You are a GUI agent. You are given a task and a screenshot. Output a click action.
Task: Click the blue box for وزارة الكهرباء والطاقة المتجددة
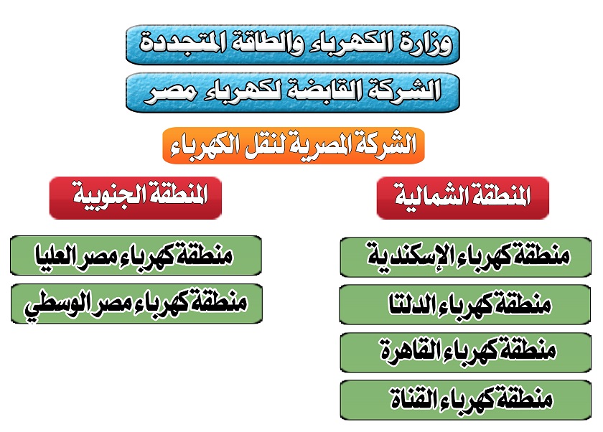pos(293,45)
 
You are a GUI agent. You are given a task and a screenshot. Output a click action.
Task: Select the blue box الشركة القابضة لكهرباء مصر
pos(293,93)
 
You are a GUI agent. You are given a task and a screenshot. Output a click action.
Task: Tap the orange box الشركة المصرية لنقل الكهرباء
pos(294,146)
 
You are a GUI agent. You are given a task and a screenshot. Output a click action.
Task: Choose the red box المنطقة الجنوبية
pos(136,198)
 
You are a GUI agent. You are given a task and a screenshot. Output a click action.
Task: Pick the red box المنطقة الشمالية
pos(462,198)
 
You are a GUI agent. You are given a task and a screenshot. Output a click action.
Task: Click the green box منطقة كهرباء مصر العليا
pos(136,255)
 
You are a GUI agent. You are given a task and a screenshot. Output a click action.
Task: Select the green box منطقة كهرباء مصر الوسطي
pos(136,304)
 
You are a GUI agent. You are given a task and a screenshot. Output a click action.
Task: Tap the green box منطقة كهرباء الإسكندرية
pos(466,257)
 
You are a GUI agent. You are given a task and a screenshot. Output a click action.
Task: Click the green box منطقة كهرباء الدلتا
pos(465,305)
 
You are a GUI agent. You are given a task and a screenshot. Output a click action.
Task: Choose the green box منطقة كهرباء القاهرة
pos(466,353)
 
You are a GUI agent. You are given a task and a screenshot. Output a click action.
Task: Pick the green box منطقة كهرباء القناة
pos(466,400)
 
